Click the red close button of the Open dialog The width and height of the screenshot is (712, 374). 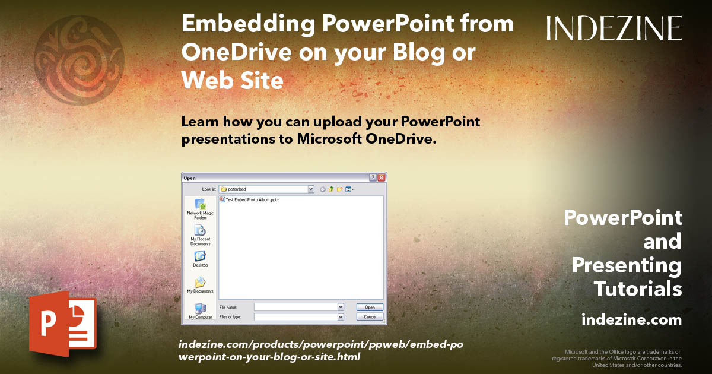click(382, 178)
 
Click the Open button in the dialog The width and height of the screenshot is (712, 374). click(370, 307)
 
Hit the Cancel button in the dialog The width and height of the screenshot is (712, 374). click(370, 317)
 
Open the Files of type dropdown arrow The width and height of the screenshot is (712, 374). click(341, 317)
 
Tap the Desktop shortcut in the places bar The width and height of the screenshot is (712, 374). click(200, 256)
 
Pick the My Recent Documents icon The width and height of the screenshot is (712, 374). click(200, 230)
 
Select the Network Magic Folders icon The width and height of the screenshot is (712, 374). click(200, 204)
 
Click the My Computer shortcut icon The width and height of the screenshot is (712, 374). click(200, 309)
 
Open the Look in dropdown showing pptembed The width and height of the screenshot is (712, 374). click(311, 189)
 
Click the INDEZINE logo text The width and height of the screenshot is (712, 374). click(614, 28)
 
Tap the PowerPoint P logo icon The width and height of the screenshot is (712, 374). click(62, 325)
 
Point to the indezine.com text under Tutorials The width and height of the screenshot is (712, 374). click(631, 320)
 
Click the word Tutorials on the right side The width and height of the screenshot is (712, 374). click(638, 289)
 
